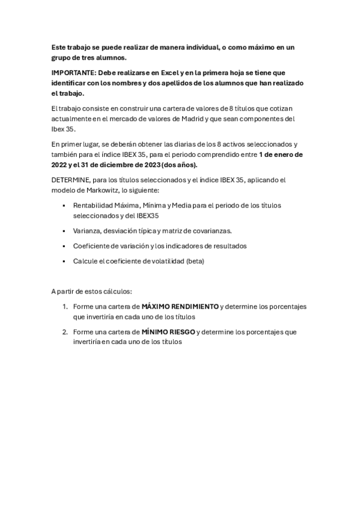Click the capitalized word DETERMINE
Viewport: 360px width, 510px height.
click(x=70, y=180)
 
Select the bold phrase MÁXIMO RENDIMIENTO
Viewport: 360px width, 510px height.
click(x=180, y=306)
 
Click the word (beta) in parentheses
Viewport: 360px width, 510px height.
click(x=199, y=261)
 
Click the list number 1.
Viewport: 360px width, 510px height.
click(x=64, y=306)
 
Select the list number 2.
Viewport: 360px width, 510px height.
click(x=64, y=331)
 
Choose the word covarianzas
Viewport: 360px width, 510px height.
click(x=212, y=230)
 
